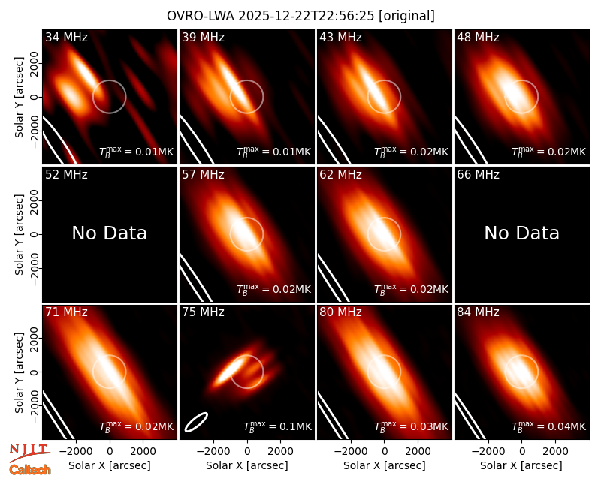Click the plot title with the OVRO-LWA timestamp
click(x=300, y=16)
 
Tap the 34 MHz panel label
click(x=66, y=37)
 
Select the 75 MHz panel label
click(x=203, y=312)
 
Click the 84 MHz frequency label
click(x=478, y=312)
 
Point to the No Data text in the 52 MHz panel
click(x=109, y=233)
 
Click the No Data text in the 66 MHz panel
click(x=521, y=233)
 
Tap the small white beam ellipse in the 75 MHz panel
click(x=196, y=422)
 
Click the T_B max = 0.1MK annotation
click(x=278, y=426)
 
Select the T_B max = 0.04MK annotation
click(x=549, y=426)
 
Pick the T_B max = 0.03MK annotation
click(x=411, y=426)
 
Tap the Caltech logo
click(x=30, y=470)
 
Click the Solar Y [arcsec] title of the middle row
click(x=19, y=234)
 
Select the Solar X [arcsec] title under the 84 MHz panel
click(x=521, y=465)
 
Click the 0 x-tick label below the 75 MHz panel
click(x=247, y=452)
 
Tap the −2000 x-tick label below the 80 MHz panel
click(x=351, y=452)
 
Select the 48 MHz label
click(x=478, y=37)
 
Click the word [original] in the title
click(x=406, y=16)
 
